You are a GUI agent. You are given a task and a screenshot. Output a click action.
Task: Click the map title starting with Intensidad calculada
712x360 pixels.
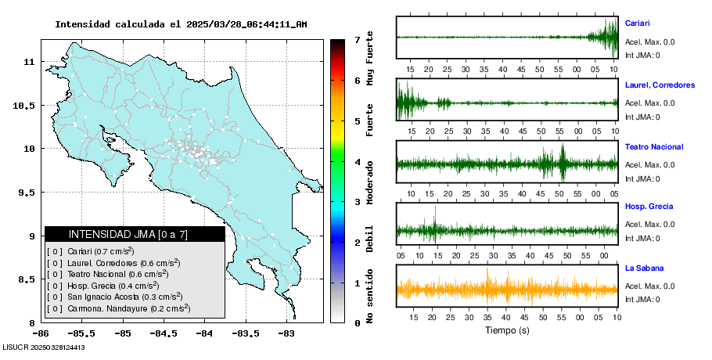(x=181, y=24)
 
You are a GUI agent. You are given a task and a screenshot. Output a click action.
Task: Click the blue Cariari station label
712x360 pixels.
(x=637, y=23)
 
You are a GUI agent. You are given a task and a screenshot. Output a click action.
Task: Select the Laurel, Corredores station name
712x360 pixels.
(x=660, y=85)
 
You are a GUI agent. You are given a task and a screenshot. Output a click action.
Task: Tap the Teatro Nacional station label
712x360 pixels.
(x=654, y=147)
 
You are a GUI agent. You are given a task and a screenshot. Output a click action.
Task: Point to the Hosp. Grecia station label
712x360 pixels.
(x=649, y=207)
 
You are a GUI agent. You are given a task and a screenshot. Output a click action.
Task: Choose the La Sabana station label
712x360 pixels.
(x=644, y=268)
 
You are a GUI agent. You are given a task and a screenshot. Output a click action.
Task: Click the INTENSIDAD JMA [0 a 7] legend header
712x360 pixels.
(x=128, y=234)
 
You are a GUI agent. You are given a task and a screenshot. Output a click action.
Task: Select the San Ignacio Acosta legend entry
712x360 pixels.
(x=115, y=297)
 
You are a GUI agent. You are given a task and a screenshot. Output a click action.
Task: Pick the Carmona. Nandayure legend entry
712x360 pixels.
(x=118, y=308)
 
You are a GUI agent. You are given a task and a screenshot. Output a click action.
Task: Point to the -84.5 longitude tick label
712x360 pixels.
(x=164, y=334)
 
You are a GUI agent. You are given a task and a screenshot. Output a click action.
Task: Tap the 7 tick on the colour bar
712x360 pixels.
(x=358, y=40)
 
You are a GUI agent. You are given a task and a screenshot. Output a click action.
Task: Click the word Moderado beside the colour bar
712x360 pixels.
(x=369, y=182)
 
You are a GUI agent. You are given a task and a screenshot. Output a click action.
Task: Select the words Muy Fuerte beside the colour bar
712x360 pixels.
(x=369, y=58)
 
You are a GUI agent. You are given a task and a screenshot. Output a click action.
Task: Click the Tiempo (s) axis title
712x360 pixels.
(x=507, y=330)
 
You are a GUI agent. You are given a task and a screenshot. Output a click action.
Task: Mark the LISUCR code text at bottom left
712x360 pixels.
(x=44, y=347)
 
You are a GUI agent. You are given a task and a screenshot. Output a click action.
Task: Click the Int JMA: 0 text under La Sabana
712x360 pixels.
(x=642, y=300)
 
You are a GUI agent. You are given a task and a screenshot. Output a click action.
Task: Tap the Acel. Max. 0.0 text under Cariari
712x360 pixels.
(x=649, y=42)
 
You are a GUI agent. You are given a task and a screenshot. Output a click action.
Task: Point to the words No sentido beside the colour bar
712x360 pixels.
(x=369, y=296)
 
